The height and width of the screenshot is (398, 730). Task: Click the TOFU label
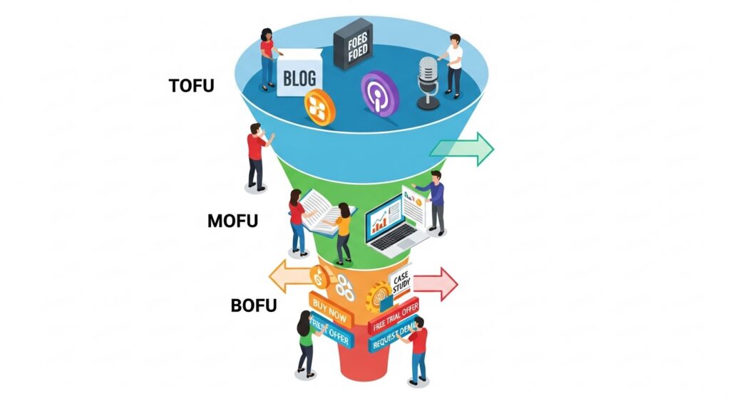point(191,85)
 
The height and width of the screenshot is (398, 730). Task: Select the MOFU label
point(232,221)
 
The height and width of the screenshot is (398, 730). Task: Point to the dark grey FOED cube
point(353,44)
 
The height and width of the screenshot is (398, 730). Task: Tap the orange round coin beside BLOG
point(319,108)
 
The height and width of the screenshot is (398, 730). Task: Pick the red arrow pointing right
point(436,284)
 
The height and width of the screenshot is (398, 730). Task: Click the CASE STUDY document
point(401,286)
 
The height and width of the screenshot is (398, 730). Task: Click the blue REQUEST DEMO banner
point(394,337)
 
